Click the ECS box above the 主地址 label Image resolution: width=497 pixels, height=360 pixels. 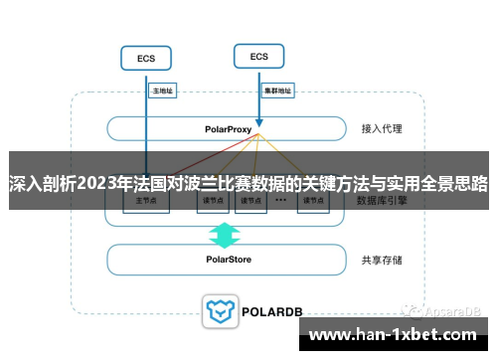point(145,59)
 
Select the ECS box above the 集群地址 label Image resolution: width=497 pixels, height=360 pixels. point(259,56)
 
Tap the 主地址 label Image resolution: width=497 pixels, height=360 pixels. point(162,90)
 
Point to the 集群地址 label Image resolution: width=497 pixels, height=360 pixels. point(277,90)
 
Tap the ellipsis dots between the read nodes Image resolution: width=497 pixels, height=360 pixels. point(281,200)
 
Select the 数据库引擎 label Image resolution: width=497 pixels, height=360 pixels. point(383,200)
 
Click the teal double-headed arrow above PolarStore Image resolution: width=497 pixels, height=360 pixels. point(225,236)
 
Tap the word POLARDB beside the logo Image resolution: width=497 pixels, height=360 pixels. point(270,311)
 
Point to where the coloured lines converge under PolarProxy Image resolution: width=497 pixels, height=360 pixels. point(257,137)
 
